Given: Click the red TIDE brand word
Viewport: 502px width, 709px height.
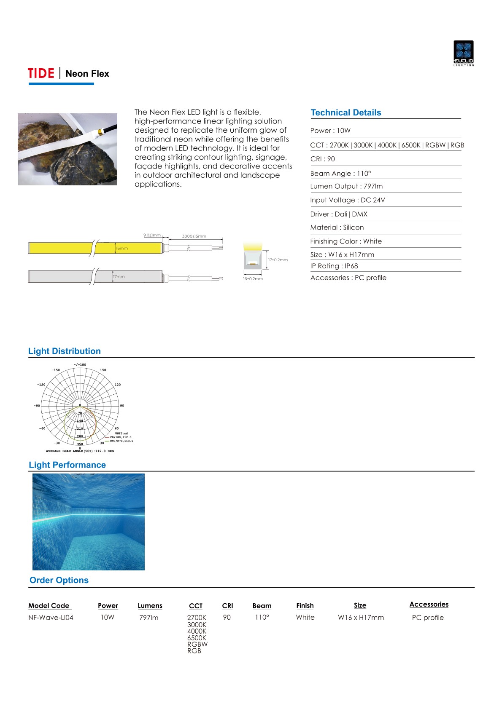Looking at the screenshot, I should pyautogui.click(x=41, y=74).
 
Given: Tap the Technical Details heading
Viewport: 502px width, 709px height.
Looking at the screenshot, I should pyautogui.click(x=345, y=112).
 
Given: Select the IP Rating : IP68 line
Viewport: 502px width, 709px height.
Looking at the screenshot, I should pyautogui.click(x=334, y=266).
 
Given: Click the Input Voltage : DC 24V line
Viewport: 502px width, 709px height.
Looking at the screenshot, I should pyautogui.click(x=347, y=200).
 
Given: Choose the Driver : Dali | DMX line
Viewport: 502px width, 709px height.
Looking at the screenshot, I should pyautogui.click(x=338, y=214).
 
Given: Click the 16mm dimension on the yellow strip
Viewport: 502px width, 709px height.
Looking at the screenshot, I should pyautogui.click(x=122, y=249).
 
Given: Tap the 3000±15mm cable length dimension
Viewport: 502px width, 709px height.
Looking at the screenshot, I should pyautogui.click(x=194, y=236).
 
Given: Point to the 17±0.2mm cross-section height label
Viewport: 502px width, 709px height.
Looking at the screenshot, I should pyautogui.click(x=278, y=260).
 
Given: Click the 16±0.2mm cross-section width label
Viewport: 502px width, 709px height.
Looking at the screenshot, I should pyautogui.click(x=253, y=279).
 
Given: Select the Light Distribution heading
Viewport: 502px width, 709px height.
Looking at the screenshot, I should pyautogui.click(x=64, y=351).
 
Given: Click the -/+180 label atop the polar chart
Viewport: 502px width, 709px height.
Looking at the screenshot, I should pyautogui.click(x=80, y=365).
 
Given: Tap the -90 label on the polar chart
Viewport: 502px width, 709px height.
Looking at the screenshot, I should pyautogui.click(x=37, y=406).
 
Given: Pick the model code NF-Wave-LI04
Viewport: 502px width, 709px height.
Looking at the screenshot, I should pyautogui.click(x=51, y=618).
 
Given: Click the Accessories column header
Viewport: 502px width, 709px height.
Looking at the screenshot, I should pyautogui.click(x=429, y=605).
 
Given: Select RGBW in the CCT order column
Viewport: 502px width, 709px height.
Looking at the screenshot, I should pyautogui.click(x=197, y=644).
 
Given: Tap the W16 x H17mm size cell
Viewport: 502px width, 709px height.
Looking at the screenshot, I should pyautogui.click(x=361, y=618).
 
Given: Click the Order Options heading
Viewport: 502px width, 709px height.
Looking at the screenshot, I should pyautogui.click(x=59, y=580).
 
